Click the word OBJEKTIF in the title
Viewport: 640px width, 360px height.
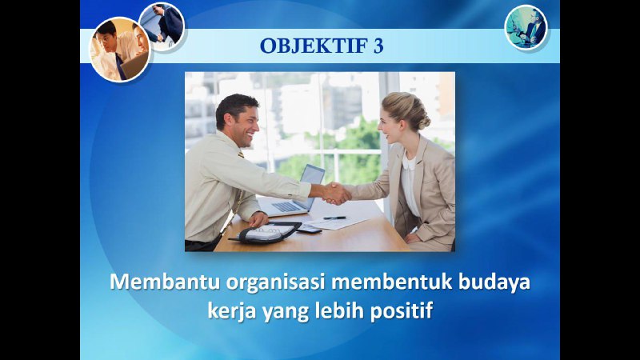coord(314,46)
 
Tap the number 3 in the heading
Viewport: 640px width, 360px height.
coord(378,46)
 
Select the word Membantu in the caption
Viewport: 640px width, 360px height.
coord(165,282)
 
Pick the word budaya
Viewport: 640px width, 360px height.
coord(494,283)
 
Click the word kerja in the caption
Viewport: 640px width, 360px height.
coord(232,312)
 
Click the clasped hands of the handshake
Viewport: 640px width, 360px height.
coord(336,193)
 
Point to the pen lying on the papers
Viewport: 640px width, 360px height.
coord(334,218)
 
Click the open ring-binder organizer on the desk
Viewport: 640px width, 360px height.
coord(266,234)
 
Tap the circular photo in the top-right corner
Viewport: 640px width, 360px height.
coord(526,28)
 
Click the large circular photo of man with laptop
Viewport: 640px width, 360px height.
coord(120,50)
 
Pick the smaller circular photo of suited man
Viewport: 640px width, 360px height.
coord(162,26)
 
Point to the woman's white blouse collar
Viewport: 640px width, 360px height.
coord(409,163)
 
